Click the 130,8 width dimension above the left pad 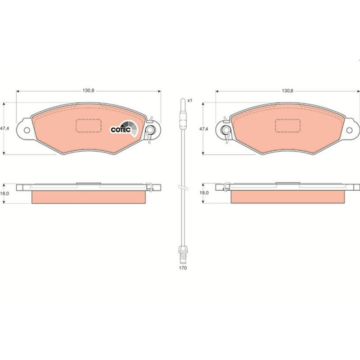click(88, 91)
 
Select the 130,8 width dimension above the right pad click(288, 91)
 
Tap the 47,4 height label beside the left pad click(4, 129)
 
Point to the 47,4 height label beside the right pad click(203, 129)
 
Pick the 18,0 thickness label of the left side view click(4, 193)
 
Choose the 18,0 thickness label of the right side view click(204, 193)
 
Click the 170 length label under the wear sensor click(183, 268)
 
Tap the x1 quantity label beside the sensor click(189, 100)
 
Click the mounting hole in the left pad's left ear click(27, 130)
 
